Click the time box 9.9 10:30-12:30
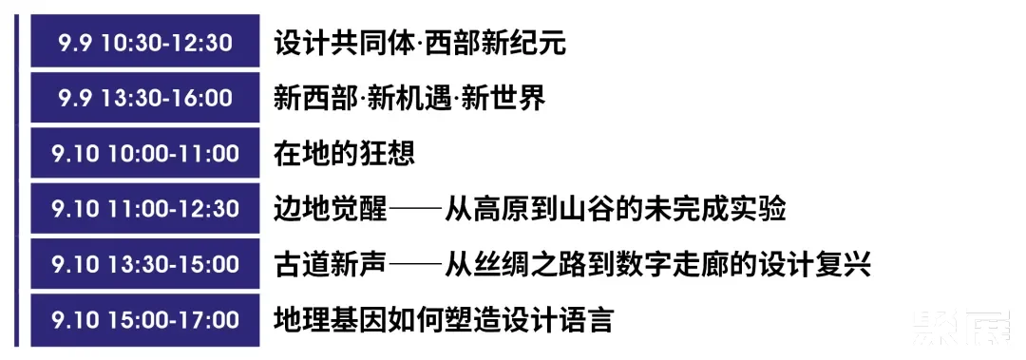(x=144, y=43)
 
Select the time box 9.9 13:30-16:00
(x=144, y=98)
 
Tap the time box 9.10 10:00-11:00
(x=144, y=153)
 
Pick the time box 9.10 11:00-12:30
(x=144, y=208)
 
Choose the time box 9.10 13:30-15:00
(x=144, y=263)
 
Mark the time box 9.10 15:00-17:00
(x=144, y=318)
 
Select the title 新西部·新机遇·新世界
(x=408, y=98)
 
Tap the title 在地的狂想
(x=344, y=153)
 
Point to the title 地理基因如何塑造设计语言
(x=444, y=318)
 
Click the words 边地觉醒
(x=330, y=208)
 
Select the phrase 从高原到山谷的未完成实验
(x=616, y=208)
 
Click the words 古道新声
(x=330, y=263)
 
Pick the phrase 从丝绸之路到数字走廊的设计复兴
(x=658, y=263)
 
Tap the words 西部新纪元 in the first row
(x=495, y=43)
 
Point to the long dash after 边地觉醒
(x=415, y=209)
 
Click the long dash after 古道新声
(x=415, y=264)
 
